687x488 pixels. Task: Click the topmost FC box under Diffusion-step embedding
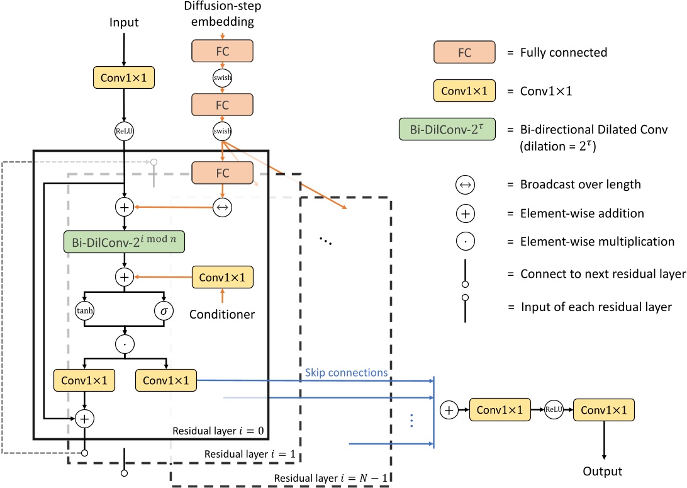(221, 51)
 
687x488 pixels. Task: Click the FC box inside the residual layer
(221, 172)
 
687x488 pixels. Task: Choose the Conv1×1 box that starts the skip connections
(165, 380)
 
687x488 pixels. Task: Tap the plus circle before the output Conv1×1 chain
(450, 409)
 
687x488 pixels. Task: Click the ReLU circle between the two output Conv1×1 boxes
(554, 409)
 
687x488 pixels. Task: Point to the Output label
(602, 471)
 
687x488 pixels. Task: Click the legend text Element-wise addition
(582, 213)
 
